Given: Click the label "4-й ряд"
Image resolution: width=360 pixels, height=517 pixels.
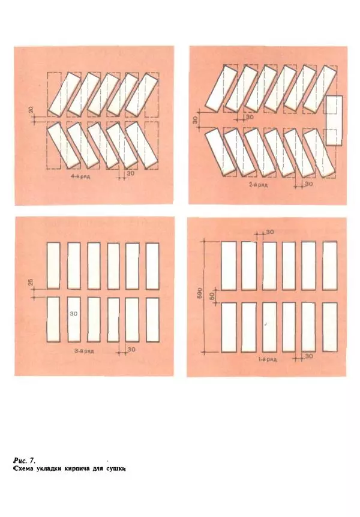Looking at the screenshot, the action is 80,177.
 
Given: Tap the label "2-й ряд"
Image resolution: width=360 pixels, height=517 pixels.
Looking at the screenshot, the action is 259,185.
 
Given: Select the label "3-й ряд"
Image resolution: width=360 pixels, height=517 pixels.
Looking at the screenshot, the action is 84,351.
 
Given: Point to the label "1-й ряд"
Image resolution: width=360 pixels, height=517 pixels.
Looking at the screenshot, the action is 267,359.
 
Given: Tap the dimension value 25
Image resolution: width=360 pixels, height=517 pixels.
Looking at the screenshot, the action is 31,282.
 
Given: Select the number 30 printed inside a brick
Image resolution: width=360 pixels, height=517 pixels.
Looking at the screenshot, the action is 74,314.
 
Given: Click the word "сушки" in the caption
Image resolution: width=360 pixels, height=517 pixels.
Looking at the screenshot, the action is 116,468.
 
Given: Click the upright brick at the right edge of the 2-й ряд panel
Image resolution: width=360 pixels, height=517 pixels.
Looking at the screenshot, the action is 334,121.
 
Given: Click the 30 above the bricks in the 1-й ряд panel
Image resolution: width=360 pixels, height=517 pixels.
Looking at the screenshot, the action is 270,232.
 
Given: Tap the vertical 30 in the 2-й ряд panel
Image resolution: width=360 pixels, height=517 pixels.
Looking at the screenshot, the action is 194,120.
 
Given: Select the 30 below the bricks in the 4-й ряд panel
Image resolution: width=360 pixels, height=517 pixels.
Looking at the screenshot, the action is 130,173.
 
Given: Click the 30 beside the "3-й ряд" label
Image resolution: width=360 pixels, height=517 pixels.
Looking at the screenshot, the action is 131,349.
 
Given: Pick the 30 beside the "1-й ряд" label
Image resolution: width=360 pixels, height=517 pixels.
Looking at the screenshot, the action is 309,356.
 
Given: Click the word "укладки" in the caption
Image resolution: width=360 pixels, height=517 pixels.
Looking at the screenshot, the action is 48,468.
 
